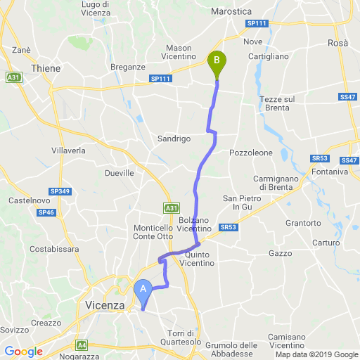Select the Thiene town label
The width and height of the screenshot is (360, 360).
coord(46,68)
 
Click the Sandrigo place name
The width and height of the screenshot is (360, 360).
coord(174,139)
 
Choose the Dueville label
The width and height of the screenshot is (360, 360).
coord(118,172)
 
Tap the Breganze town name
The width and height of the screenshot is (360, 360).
coord(128,67)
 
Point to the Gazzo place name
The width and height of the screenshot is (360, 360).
coord(280,252)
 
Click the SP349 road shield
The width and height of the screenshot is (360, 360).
coord(60,191)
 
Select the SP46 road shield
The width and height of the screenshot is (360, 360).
coord(46,212)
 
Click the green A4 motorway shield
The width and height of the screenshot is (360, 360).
coord(82,345)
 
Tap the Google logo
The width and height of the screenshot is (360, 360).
coord(23,352)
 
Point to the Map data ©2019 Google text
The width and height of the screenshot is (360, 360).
coord(316,355)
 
